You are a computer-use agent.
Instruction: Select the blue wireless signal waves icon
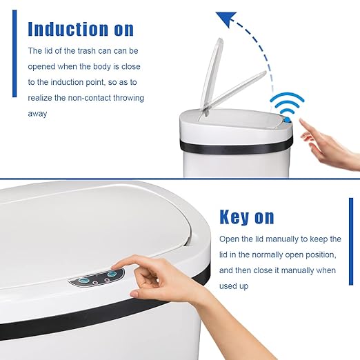coord(286,104)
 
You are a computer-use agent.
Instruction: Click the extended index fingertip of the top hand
coord(303,123)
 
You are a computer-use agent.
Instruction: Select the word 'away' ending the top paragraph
coord(37,114)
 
